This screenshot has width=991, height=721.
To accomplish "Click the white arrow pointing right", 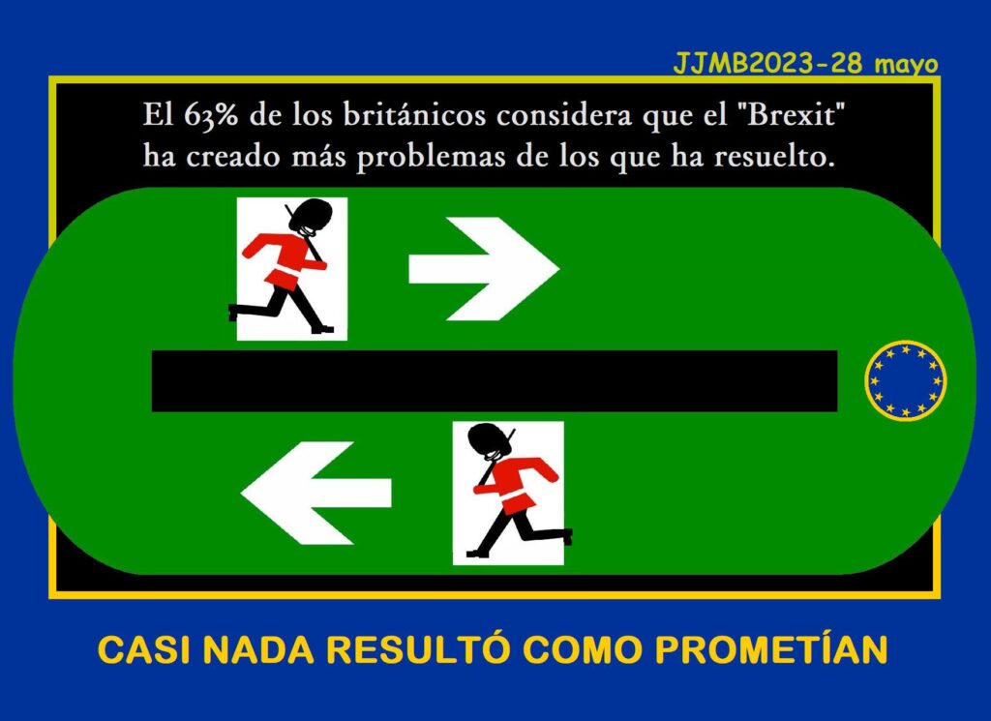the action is pos(484,268).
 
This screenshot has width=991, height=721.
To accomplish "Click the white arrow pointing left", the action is pos(316,493).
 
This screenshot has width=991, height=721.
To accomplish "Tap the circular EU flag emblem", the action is pos(906,380).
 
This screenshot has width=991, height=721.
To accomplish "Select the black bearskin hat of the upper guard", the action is pos(311,216).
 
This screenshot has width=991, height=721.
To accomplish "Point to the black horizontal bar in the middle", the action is pos(495,381).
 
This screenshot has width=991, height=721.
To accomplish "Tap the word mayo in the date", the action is pos(906,66).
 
